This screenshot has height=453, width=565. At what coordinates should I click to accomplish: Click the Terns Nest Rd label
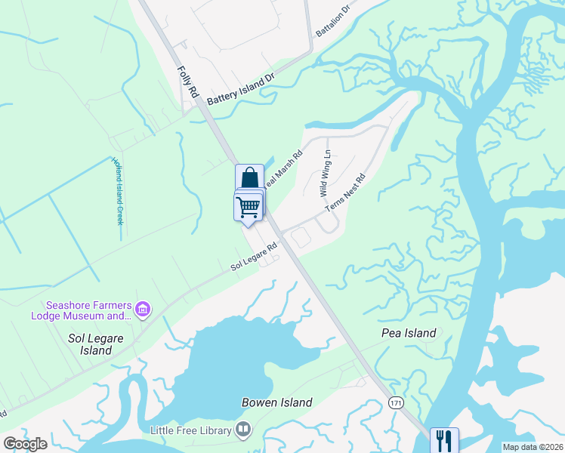click(x=345, y=193)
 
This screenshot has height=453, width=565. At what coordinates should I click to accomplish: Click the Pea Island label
click(x=409, y=333)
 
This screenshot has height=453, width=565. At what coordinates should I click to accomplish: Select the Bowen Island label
click(x=276, y=402)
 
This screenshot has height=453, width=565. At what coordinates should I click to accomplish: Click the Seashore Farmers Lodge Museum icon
click(x=143, y=309)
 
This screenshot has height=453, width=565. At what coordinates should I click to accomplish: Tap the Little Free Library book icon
click(x=243, y=430)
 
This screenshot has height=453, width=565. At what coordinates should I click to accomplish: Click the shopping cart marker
click(x=248, y=206)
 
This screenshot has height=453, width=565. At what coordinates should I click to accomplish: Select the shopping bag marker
click(x=250, y=178)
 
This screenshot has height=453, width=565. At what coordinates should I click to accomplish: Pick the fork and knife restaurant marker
click(x=443, y=439)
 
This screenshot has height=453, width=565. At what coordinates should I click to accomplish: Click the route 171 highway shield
click(x=397, y=402)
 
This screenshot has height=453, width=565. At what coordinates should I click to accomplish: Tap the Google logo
click(x=25, y=444)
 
